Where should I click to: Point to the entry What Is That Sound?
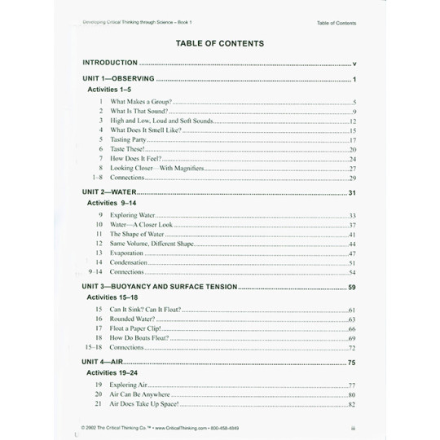(x=139, y=111)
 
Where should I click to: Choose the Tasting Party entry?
(x=128, y=140)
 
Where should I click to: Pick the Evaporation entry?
(x=128, y=253)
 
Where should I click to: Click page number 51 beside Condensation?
(x=353, y=263)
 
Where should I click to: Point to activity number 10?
(x=99, y=224)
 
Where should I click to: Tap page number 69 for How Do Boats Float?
(x=353, y=338)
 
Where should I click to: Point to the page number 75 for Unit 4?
(x=352, y=361)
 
